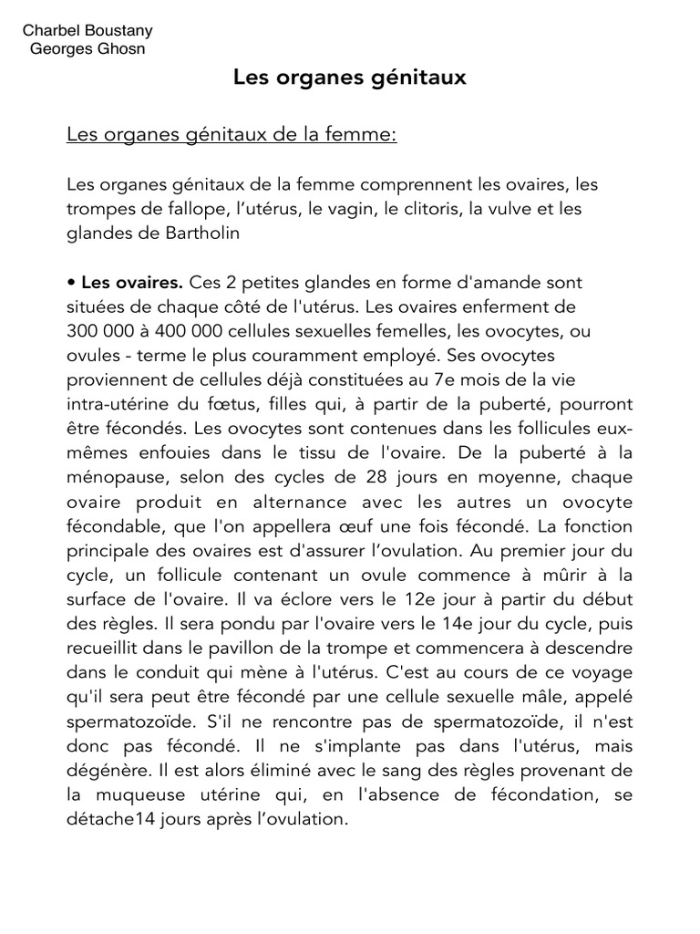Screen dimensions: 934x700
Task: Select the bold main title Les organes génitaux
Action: [x=350, y=78]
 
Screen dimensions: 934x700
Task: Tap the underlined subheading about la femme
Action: [x=232, y=135]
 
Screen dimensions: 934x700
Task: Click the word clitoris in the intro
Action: [x=428, y=209]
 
